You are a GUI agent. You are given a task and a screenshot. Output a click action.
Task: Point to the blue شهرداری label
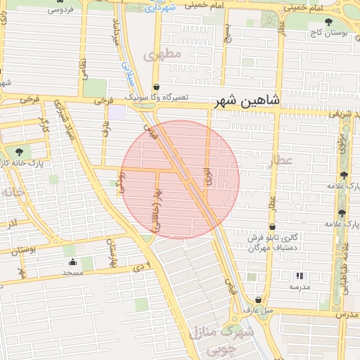pyautogui.click(x=161, y=8)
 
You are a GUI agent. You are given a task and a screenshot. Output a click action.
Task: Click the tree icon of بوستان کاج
pyautogui.click(x=328, y=22)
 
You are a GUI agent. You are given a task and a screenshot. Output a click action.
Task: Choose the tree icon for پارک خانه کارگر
pyautogui.click(x=18, y=151)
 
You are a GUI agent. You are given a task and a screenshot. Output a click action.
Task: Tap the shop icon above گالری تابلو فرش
pyautogui.click(x=272, y=226)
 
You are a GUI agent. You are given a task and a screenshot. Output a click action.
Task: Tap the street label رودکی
pyautogui.click(x=121, y=185)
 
